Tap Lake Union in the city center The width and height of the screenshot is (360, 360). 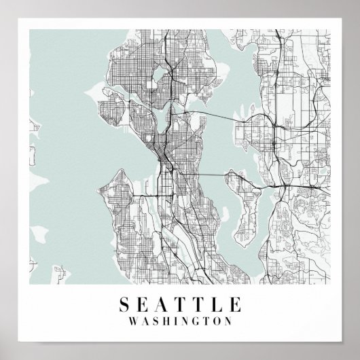click(165, 123)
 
